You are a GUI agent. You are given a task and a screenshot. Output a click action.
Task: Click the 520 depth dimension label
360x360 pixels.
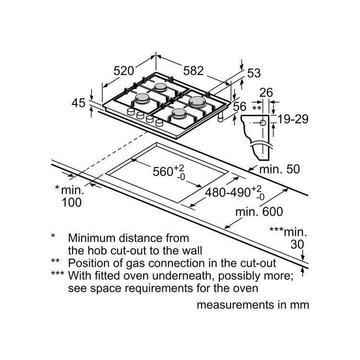[x=123, y=71]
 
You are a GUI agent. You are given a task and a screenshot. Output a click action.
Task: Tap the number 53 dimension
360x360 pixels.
[x=253, y=73]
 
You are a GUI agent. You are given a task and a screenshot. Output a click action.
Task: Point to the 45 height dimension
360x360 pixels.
[x=78, y=102]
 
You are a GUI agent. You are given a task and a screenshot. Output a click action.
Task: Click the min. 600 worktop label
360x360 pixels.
[x=259, y=211]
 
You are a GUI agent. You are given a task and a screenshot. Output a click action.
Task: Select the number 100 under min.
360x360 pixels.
[x=72, y=202]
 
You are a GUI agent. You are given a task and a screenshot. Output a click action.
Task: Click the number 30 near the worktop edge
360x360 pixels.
[x=297, y=244]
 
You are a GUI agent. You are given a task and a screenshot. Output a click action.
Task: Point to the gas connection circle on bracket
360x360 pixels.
[x=263, y=123]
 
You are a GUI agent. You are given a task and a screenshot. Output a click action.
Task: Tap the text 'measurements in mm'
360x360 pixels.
[x=252, y=305]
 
